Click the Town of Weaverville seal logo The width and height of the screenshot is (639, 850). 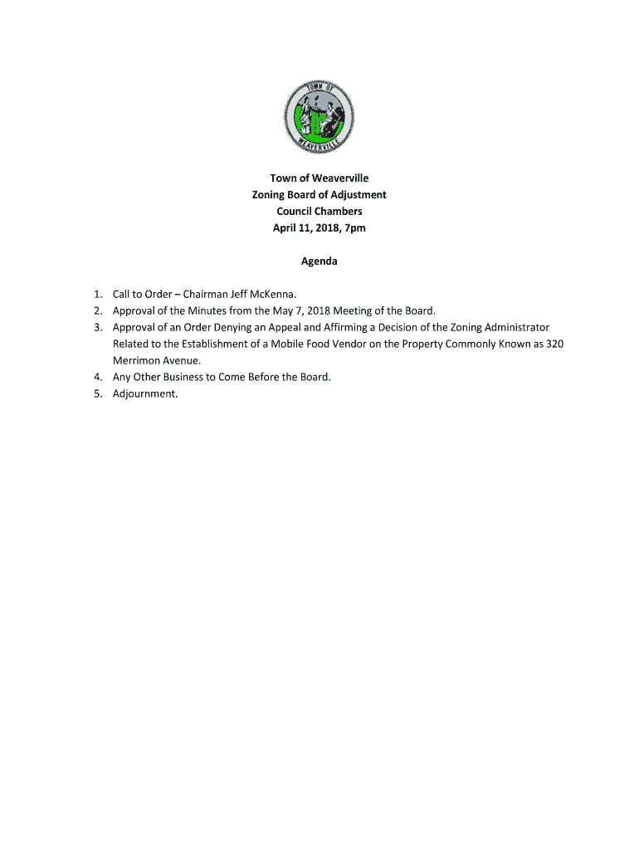(x=319, y=115)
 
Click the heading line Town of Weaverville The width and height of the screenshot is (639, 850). (x=319, y=178)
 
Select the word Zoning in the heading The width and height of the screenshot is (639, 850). (x=271, y=194)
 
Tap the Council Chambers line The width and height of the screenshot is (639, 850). (x=319, y=211)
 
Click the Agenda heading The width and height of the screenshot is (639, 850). (x=319, y=261)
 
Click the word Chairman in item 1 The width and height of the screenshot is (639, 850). (x=207, y=294)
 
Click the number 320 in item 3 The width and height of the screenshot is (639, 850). (x=554, y=344)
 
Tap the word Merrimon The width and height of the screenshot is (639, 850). (x=136, y=360)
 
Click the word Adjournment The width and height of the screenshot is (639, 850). (x=145, y=393)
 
